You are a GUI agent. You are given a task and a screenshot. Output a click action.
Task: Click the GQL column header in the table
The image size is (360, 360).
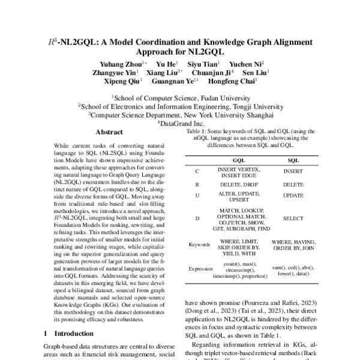(x=238, y=161)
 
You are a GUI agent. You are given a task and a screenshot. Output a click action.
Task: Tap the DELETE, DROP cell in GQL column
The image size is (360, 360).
(x=238, y=184)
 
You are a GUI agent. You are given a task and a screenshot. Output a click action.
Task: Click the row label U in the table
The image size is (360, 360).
(x=197, y=196)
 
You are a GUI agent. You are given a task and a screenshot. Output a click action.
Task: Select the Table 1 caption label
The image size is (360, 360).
(x=196, y=131)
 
